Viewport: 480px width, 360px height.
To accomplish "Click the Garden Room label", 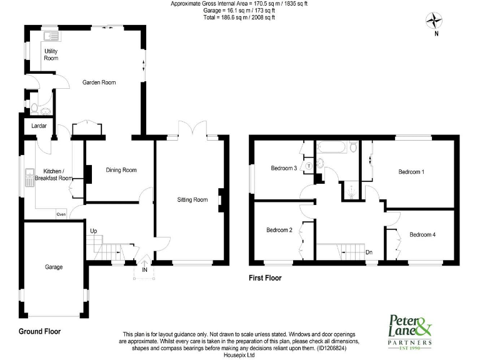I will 100,82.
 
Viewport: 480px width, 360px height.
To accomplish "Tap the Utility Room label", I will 51,54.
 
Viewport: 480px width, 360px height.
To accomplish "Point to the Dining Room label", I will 121,170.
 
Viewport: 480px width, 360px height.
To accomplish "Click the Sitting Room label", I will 192,200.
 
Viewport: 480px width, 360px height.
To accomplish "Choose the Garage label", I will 53,267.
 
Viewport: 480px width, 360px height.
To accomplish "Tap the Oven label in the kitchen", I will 61,214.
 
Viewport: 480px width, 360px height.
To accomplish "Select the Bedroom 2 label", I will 279,230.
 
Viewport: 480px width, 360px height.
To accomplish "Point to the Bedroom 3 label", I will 283,168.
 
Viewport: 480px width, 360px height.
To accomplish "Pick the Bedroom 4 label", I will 422,234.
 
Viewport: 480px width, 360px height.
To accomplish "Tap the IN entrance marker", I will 144,271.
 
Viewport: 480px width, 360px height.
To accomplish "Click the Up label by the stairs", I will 94,231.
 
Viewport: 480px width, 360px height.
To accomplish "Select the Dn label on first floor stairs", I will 369,252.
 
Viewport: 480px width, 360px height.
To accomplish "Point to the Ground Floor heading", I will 39,331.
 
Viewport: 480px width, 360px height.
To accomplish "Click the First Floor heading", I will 264,278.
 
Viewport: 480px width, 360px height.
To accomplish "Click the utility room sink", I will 50,36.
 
